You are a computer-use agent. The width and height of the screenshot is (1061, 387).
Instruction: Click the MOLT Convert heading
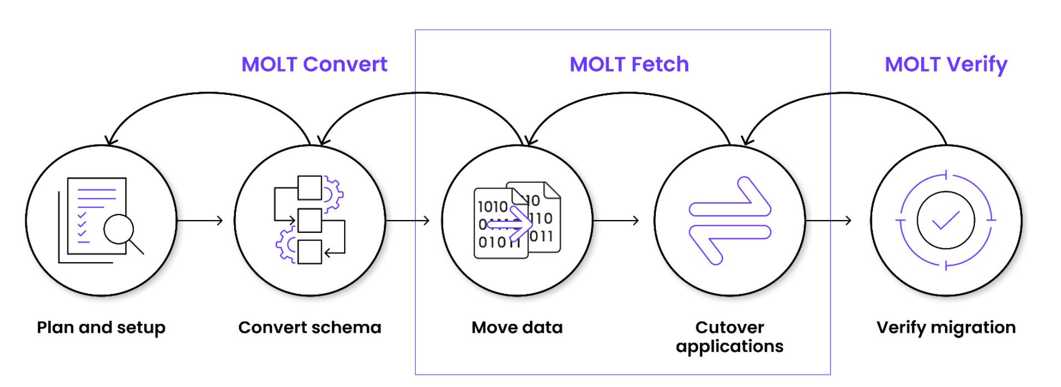pyautogui.click(x=314, y=64)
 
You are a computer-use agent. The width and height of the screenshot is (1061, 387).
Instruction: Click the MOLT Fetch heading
pyautogui.click(x=629, y=64)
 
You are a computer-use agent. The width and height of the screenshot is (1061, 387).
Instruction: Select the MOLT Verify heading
pyautogui.click(x=946, y=64)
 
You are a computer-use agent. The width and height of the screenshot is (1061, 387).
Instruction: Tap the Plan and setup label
pyautogui.click(x=101, y=327)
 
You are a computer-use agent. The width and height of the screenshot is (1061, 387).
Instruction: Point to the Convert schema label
pyautogui.click(x=310, y=327)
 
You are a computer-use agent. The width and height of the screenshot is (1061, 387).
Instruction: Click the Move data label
pyautogui.click(x=517, y=327)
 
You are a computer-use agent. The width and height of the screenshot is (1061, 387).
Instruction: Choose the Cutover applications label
pyautogui.click(x=729, y=337)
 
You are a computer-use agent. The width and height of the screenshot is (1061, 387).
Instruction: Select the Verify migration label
pyautogui.click(x=946, y=327)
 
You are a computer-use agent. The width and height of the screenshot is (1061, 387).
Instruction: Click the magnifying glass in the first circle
pyautogui.click(x=120, y=230)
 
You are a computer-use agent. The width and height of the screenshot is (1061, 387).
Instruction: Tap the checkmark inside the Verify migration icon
pyautogui.click(x=946, y=220)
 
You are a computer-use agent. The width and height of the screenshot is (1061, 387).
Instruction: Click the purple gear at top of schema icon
pyautogui.click(x=333, y=194)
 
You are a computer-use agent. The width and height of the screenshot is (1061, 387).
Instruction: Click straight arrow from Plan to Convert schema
pyautogui.click(x=200, y=221)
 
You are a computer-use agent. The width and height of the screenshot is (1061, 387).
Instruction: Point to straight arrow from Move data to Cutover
pyautogui.click(x=616, y=221)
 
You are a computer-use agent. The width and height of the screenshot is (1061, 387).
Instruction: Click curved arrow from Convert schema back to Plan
pyautogui.click(x=208, y=93)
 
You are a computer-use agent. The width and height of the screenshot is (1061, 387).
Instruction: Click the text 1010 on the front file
pyautogui.click(x=493, y=207)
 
